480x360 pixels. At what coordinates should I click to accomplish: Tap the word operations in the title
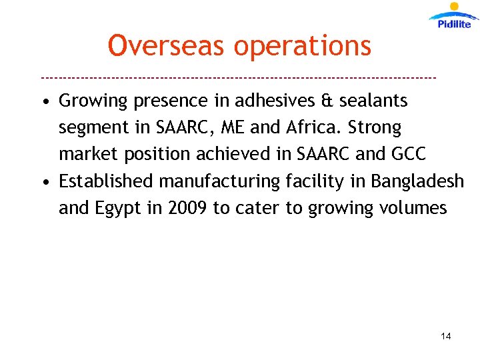[303, 46]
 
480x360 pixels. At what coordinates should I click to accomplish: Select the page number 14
[446, 336]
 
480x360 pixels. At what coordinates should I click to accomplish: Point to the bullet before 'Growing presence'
[43, 102]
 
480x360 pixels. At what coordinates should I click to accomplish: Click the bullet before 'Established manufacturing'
[43, 182]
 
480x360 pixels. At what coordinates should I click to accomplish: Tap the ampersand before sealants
[325, 101]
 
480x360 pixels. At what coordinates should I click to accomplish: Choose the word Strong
[373, 127]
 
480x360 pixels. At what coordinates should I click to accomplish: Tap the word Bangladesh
[417, 181]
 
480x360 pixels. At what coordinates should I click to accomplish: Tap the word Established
[107, 181]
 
